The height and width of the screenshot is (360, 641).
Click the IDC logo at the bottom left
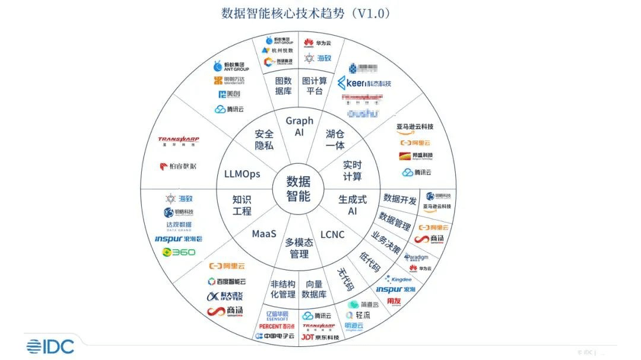[50, 346]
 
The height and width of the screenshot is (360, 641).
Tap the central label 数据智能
[299, 188]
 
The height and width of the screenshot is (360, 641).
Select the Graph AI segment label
[299, 126]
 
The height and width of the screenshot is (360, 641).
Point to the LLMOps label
[242, 174]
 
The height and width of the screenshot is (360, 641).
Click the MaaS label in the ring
[264, 234]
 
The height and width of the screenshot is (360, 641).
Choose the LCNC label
[332, 234]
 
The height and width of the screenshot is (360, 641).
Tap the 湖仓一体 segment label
[335, 139]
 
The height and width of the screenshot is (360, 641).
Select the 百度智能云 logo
[226, 281]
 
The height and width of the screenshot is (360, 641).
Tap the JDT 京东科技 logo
[320, 337]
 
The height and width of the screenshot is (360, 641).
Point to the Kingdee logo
[398, 278]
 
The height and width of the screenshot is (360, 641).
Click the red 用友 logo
[394, 302]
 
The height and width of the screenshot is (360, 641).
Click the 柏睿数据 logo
[178, 166]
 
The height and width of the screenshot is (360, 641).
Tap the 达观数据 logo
[179, 225]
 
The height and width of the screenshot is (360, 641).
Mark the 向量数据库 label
[314, 289]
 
